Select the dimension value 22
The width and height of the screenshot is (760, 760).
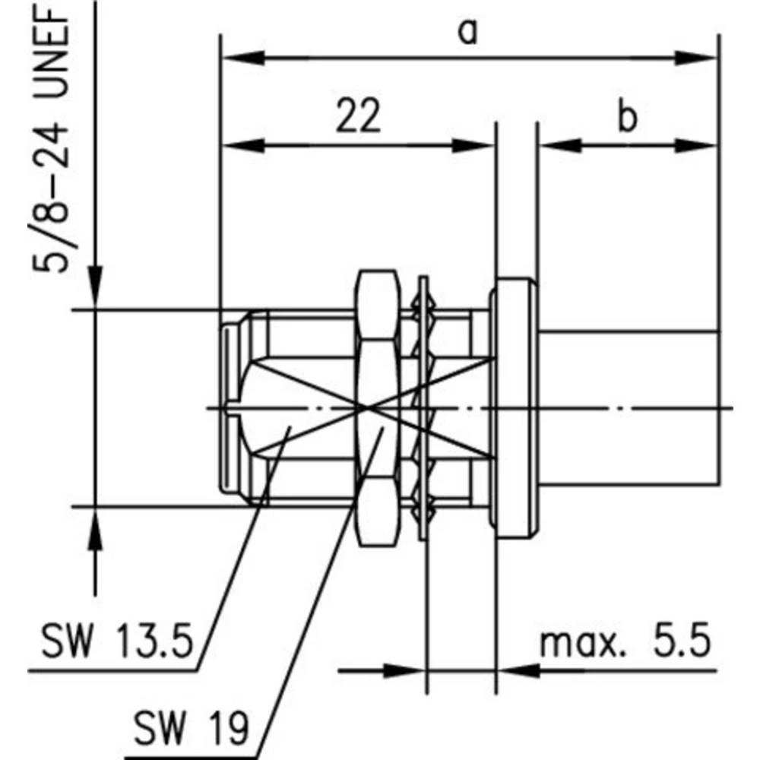coord(358,118)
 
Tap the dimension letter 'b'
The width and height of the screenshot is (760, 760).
coord(626,118)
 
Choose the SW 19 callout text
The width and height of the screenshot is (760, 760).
coord(191,730)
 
